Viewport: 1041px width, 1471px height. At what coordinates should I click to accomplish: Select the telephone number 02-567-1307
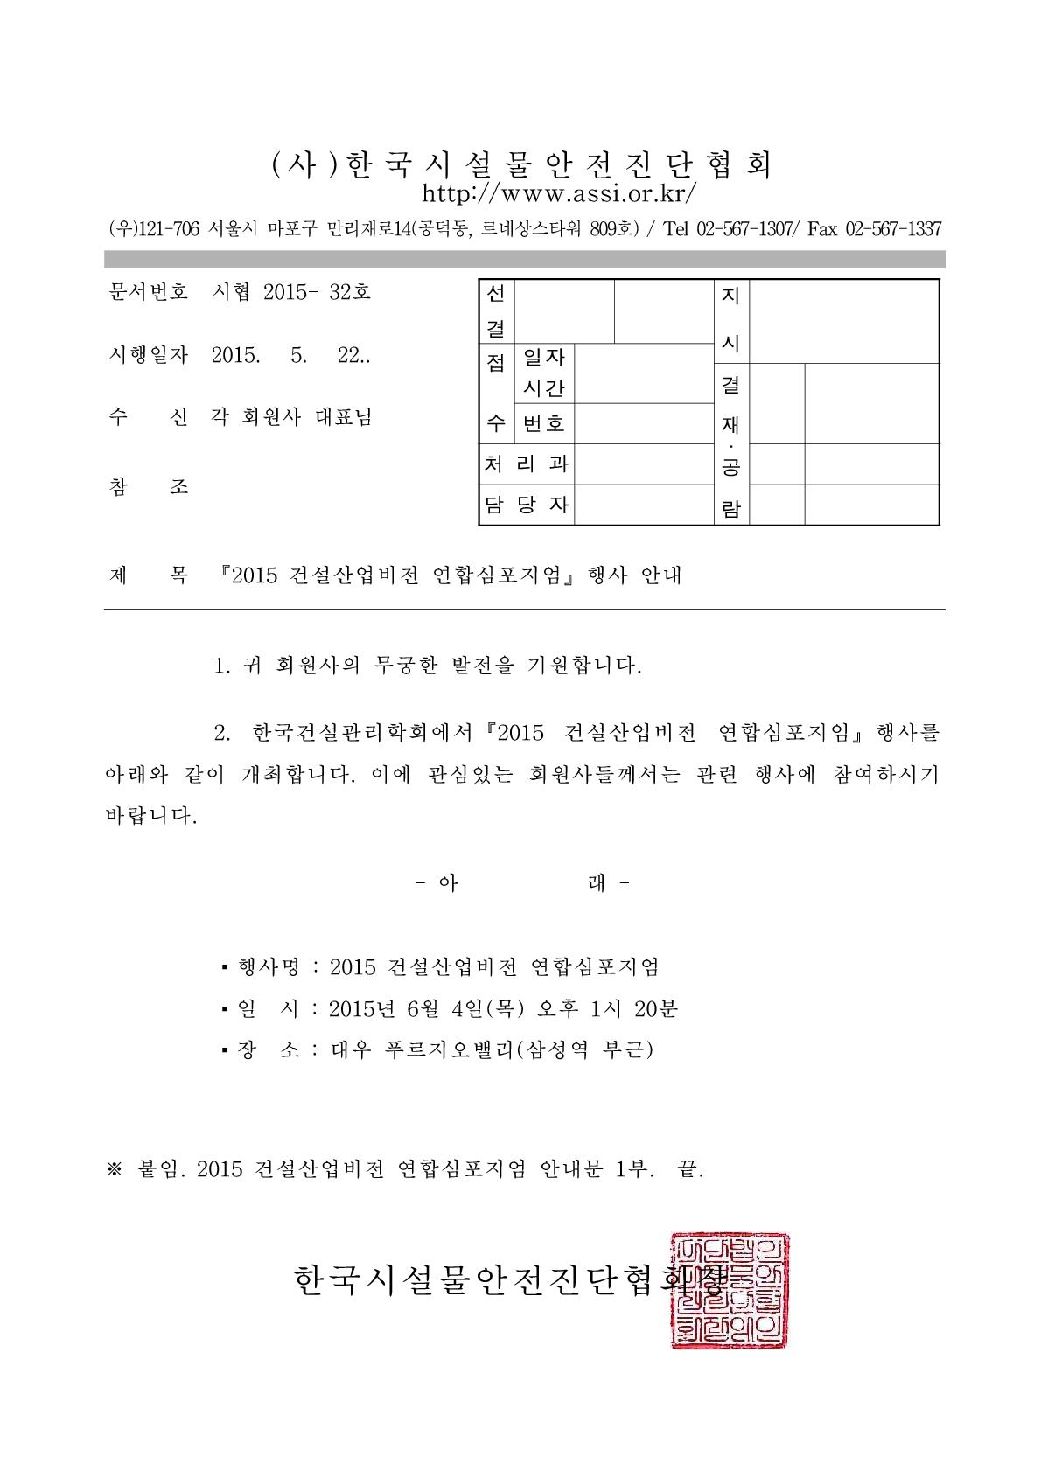744,229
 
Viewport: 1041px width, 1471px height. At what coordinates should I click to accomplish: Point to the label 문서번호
147,292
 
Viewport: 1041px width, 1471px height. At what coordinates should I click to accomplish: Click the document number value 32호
350,292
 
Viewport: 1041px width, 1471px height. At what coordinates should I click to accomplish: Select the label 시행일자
147,355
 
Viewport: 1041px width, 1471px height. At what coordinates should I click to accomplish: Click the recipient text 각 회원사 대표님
291,417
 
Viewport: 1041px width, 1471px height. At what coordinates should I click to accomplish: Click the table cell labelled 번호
543,424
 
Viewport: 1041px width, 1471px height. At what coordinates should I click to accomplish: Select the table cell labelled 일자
543,357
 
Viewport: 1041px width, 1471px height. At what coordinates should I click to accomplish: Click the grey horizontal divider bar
524,259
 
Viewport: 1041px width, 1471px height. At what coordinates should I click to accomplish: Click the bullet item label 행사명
269,966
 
